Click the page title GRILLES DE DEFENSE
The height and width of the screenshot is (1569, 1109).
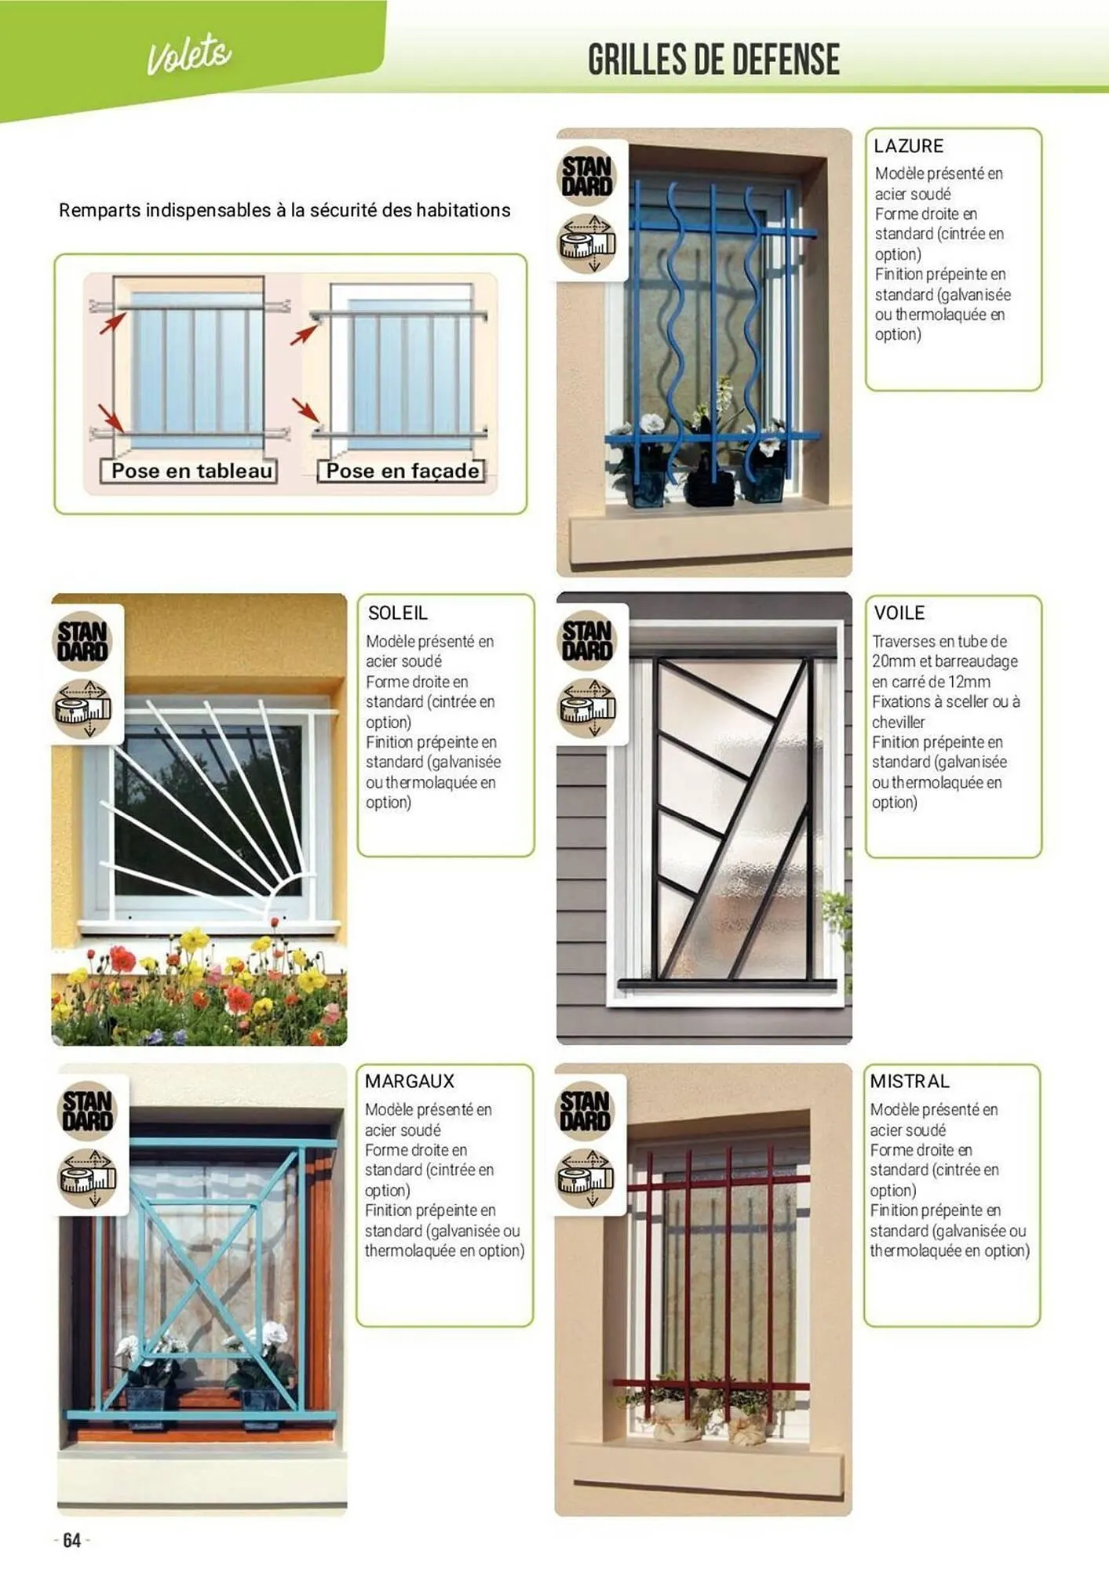pyautogui.click(x=713, y=60)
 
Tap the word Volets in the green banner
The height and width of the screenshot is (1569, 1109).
pyautogui.click(x=189, y=55)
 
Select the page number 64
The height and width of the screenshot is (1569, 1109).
pyautogui.click(x=71, y=1540)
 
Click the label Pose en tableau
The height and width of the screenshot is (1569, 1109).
pyautogui.click(x=192, y=471)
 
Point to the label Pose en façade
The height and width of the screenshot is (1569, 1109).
pyautogui.click(x=403, y=471)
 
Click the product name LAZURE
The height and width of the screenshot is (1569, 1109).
pyautogui.click(x=908, y=146)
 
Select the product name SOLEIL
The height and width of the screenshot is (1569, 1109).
pyautogui.click(x=397, y=613)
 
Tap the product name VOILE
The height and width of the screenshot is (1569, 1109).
pyautogui.click(x=899, y=613)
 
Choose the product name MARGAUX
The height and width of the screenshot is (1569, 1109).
pyautogui.click(x=409, y=1081)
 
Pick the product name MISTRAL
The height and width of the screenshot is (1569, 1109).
pyautogui.click(x=910, y=1081)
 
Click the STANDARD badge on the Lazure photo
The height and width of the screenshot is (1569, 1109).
pyautogui.click(x=587, y=176)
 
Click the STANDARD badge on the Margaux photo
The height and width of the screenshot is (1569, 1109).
pyautogui.click(x=88, y=1111)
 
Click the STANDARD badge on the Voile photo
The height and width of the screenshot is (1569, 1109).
pyautogui.click(x=587, y=640)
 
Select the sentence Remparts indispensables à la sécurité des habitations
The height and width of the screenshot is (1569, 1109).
pyautogui.click(x=284, y=210)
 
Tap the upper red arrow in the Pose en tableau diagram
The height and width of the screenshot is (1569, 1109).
pyautogui.click(x=112, y=322)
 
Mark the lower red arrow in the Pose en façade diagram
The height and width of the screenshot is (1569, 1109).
pyautogui.click(x=305, y=410)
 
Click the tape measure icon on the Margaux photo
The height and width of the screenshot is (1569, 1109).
pyautogui.click(x=88, y=1178)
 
